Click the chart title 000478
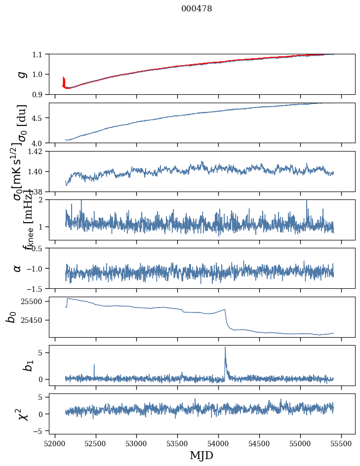pyautogui.click(x=197, y=9)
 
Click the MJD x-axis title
pyautogui.click(x=201, y=455)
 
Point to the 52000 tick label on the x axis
pyautogui.click(x=55, y=443)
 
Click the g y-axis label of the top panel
pyautogui.click(x=21, y=74)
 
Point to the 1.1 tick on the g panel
pyautogui.click(x=37, y=54)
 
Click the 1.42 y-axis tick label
pyautogui.click(x=35, y=152)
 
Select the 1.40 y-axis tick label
pyautogui.click(x=35, y=171)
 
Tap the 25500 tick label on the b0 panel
pyautogui.click(x=32, y=301)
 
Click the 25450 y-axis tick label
pyautogui.click(x=32, y=320)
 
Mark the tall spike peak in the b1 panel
pyautogui.click(x=225, y=347)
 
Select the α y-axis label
pyautogui.click(x=17, y=268)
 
